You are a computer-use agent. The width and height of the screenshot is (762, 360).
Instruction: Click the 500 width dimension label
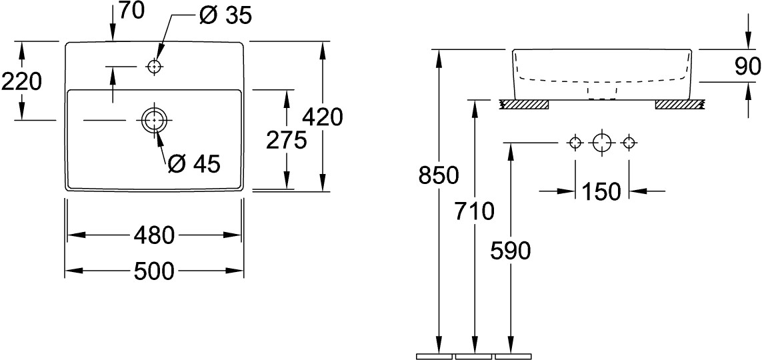click(x=154, y=271)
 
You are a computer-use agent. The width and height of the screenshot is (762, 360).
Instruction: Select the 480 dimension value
click(x=153, y=235)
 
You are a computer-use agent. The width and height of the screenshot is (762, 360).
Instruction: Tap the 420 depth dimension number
click(x=322, y=117)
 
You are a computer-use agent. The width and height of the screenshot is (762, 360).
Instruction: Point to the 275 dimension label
click(x=286, y=141)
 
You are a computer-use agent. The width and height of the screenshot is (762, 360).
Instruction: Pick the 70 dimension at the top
click(x=132, y=11)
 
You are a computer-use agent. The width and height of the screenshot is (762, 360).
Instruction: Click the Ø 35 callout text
click(x=225, y=15)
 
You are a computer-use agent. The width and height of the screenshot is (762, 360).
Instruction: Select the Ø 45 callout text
click(x=194, y=164)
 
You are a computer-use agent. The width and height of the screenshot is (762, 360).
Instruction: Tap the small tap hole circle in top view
click(x=154, y=67)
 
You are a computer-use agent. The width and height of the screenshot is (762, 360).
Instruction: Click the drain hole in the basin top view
click(x=154, y=119)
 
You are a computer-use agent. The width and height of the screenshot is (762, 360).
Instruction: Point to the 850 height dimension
click(x=439, y=175)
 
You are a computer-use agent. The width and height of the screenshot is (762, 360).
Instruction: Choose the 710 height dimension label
click(x=474, y=211)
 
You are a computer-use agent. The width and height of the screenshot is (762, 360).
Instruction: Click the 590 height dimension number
click(x=510, y=251)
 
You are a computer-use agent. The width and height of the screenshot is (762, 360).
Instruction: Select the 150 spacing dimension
click(x=601, y=192)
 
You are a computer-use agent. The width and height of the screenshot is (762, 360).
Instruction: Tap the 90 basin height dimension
click(x=747, y=67)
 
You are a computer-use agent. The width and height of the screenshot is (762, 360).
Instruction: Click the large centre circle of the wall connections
click(x=601, y=143)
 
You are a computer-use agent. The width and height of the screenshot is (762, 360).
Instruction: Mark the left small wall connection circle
click(x=575, y=143)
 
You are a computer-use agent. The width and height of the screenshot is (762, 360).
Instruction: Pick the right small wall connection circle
click(x=629, y=143)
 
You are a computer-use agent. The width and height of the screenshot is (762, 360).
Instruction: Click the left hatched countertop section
click(x=525, y=104)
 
